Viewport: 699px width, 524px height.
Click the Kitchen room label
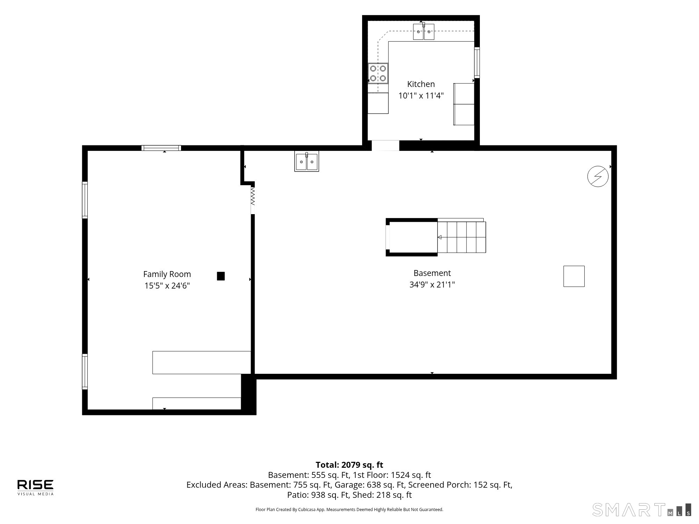click(421, 84)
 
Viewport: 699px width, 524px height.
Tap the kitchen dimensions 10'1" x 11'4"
click(421, 95)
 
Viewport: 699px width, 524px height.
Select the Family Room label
click(167, 275)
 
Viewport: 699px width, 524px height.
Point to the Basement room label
click(432, 273)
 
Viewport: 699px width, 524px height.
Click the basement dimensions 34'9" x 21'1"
click(432, 284)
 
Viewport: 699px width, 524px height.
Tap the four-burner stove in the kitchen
click(378, 73)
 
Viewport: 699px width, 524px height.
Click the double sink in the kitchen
click(424, 31)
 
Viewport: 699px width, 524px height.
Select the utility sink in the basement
click(307, 161)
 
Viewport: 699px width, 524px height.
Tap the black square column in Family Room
click(221, 276)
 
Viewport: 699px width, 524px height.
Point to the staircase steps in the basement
click(461, 237)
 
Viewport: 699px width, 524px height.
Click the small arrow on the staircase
click(439, 237)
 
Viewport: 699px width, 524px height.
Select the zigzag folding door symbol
click(253, 196)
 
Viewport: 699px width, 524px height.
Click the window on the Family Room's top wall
click(161, 148)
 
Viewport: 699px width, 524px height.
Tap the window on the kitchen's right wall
click(477, 62)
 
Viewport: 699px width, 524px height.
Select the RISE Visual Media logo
click(35, 487)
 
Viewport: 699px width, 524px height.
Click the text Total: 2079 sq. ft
click(349, 465)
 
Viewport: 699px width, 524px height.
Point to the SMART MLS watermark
click(642, 510)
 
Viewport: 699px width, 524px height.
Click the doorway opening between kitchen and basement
click(385, 145)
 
